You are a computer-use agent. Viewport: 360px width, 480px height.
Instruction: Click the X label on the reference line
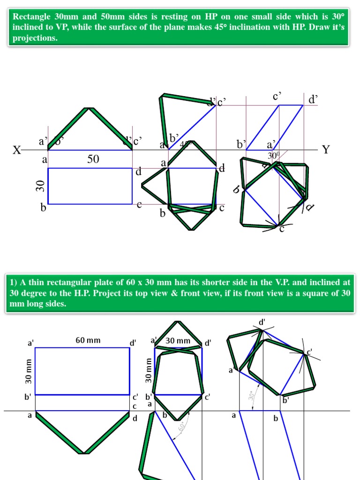(17, 150)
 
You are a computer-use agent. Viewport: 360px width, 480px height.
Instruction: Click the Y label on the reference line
(326, 150)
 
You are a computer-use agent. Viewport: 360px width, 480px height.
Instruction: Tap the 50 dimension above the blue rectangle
(93, 159)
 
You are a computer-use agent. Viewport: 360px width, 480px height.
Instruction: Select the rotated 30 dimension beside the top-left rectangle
(40, 186)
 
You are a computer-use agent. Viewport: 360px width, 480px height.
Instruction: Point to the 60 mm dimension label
(88, 340)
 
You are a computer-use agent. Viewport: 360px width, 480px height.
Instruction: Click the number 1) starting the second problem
(15, 282)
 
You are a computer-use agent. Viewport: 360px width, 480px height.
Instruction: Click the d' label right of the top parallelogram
(313, 99)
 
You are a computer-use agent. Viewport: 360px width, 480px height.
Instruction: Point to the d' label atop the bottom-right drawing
(262, 322)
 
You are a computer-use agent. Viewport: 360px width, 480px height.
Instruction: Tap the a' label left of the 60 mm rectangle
(31, 343)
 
